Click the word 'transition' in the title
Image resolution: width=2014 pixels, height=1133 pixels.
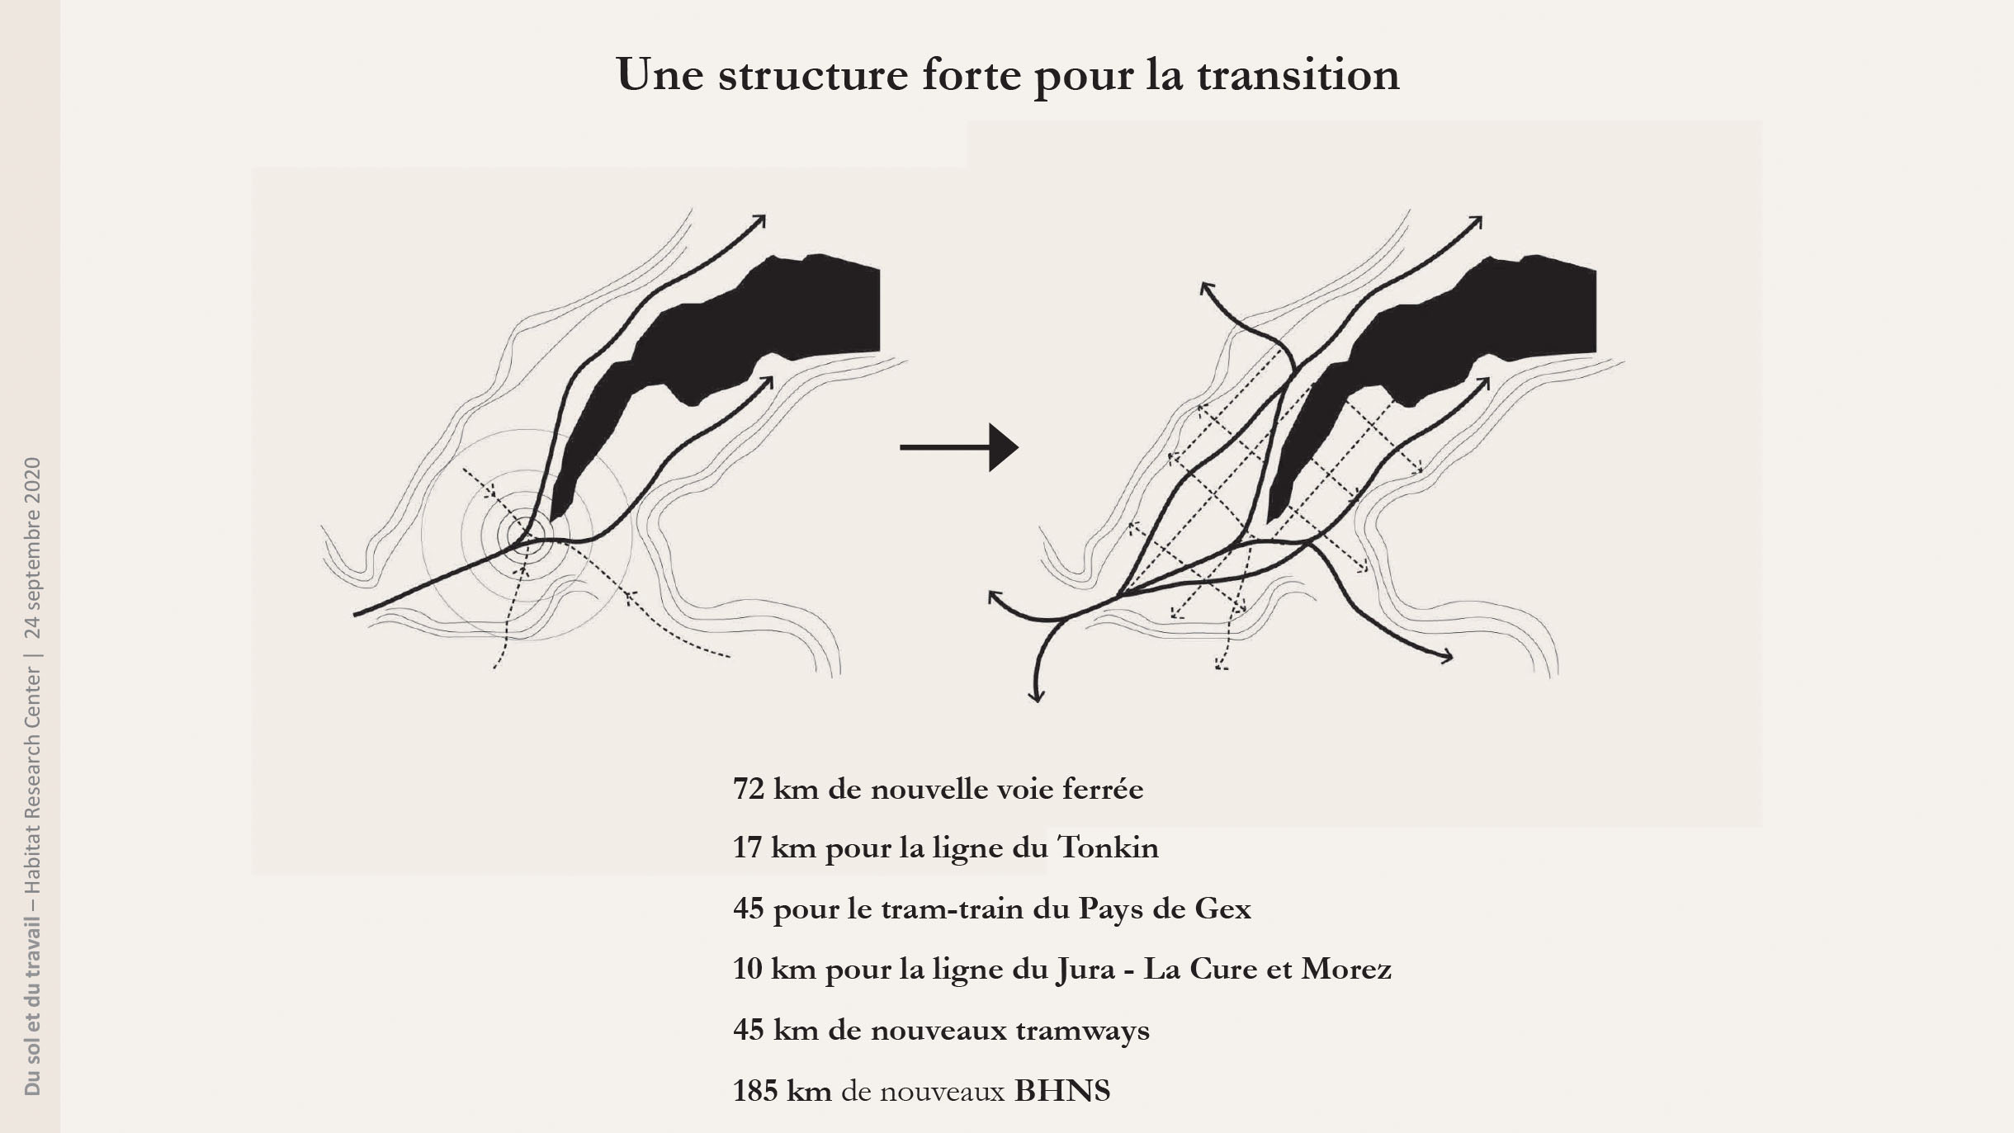click(1298, 75)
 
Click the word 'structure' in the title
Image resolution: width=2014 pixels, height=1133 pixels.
click(813, 75)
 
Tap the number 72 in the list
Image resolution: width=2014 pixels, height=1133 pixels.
click(749, 790)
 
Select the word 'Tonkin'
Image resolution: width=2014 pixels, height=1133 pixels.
click(1108, 847)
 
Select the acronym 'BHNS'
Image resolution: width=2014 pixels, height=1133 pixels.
click(1061, 1091)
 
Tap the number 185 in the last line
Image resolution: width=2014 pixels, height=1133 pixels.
click(755, 1091)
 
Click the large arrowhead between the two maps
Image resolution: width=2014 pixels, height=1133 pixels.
click(1002, 447)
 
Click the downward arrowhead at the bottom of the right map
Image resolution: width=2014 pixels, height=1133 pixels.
click(1036, 696)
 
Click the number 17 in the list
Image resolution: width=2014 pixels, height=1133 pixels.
click(746, 847)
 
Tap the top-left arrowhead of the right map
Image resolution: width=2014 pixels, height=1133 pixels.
click(1207, 288)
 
